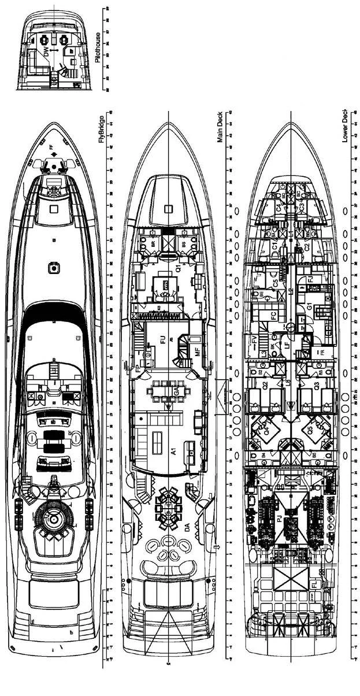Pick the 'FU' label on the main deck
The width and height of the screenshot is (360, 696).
click(x=162, y=340)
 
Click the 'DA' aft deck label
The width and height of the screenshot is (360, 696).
click(x=187, y=527)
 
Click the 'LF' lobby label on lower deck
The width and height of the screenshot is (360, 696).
click(x=287, y=345)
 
